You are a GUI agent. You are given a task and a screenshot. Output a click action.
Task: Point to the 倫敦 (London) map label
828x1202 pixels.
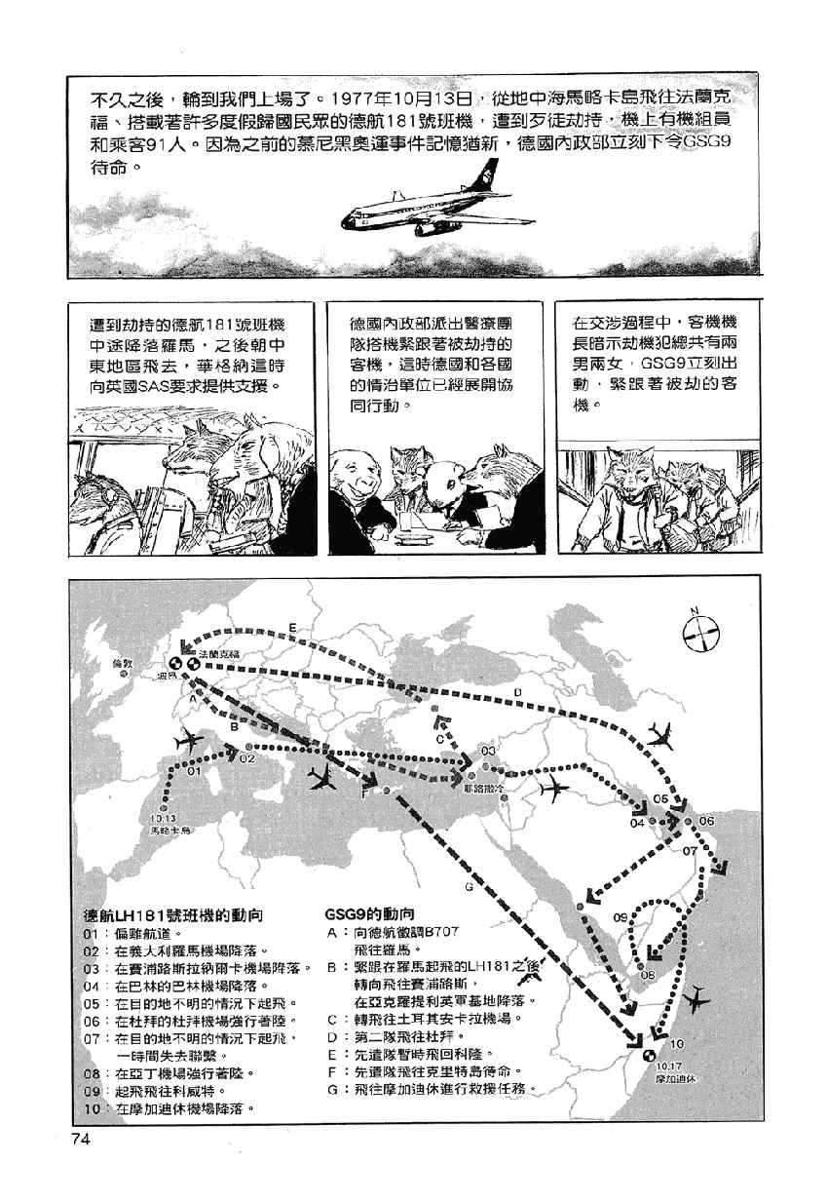(121, 663)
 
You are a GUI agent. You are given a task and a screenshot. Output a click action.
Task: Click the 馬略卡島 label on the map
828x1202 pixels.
(168, 831)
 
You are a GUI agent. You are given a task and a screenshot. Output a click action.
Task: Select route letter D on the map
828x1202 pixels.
(517, 692)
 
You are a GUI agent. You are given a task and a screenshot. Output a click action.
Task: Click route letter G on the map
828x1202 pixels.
(469, 888)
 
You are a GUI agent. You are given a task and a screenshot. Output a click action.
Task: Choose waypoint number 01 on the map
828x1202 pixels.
(193, 770)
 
